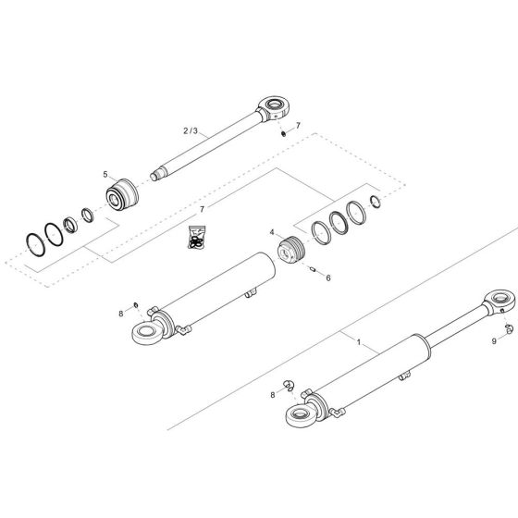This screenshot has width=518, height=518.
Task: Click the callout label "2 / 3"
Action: [191, 131]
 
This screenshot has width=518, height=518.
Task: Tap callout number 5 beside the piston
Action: [105, 174]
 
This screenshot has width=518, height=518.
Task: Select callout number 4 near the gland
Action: [271, 232]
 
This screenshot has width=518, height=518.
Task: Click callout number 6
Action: [327, 277]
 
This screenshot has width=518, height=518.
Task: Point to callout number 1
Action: [356, 341]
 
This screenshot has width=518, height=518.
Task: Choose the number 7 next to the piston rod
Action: [298, 125]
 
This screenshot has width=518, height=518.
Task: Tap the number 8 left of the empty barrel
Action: [119, 314]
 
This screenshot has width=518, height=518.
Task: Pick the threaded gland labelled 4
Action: [292, 250]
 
